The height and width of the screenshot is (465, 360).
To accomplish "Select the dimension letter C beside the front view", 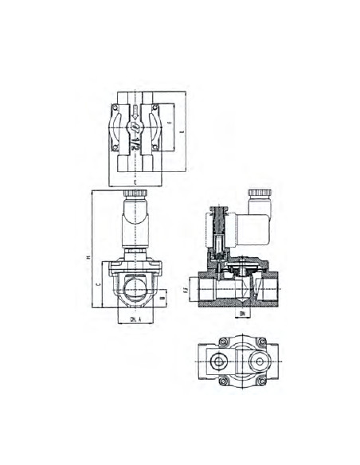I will tap(98, 283).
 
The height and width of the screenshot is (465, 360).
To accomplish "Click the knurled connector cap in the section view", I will tap(258, 194).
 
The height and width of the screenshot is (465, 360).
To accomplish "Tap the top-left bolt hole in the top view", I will tap(115, 106).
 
